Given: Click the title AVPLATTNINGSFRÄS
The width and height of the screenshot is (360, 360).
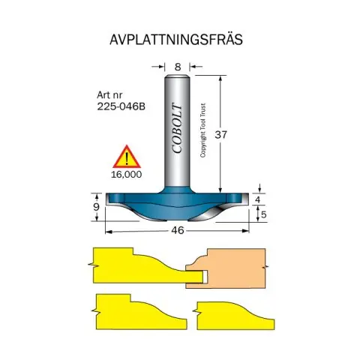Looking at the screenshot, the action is tap(176, 40).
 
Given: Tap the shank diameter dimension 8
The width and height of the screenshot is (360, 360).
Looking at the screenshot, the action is tap(178, 67).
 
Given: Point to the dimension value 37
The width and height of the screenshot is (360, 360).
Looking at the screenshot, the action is tap(220, 135).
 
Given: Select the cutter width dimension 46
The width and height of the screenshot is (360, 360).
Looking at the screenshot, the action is tap(178, 230).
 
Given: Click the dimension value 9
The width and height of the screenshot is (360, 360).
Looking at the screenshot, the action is tap(97, 207).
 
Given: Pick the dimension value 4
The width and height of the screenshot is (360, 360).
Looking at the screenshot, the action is tap(257, 199).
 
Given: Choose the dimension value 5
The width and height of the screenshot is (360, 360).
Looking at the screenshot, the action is tap(264, 214).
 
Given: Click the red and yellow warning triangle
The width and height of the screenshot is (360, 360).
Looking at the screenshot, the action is tap(127, 157).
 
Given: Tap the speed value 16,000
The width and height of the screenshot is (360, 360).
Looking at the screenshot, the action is tap(126, 175).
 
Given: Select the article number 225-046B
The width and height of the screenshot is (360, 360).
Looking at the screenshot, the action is tap(121, 106).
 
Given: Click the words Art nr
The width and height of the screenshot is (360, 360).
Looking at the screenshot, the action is tap(109, 95).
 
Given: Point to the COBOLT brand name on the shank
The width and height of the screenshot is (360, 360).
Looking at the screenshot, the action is tap(177, 128).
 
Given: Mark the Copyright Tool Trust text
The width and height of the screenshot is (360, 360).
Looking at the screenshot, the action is tap(202, 130).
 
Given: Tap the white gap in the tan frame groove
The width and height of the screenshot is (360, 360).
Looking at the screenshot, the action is tap(205, 276).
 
